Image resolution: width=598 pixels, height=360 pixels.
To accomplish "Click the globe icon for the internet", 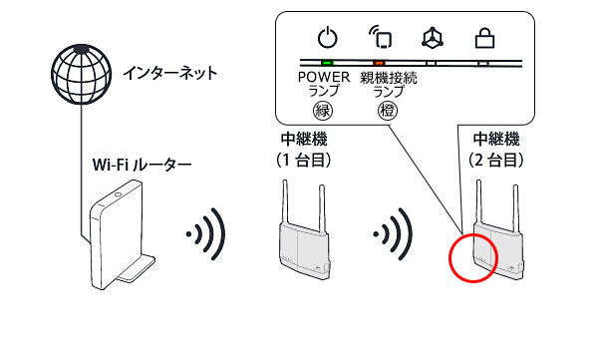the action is point(82,74).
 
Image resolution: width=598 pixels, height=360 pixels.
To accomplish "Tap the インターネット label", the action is point(170,73).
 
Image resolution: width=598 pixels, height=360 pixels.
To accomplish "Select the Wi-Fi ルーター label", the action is point(142,165).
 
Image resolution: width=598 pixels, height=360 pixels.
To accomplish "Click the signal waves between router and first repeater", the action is point(206,234).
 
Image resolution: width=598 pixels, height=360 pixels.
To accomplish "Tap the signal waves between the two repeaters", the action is point(394,234).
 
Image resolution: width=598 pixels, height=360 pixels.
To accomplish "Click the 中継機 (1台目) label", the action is point(304,150).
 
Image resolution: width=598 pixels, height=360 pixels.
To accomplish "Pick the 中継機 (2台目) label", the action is point(496,150).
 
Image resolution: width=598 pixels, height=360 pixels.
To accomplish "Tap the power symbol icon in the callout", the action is point(328,38).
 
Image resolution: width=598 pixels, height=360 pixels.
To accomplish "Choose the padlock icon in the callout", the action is point(484,39).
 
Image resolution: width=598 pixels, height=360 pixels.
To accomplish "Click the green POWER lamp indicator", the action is point(327,63).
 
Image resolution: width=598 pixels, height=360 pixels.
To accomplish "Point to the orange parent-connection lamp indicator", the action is point(379,63).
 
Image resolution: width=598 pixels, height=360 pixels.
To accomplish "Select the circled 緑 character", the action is point(323,111).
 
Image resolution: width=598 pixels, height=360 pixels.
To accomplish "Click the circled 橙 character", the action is point(388,111).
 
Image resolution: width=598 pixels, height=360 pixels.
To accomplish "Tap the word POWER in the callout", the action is point(324,77).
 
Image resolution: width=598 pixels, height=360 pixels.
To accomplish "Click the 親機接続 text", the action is point(389,78).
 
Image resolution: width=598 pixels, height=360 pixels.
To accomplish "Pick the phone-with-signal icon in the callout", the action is point(382,38).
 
